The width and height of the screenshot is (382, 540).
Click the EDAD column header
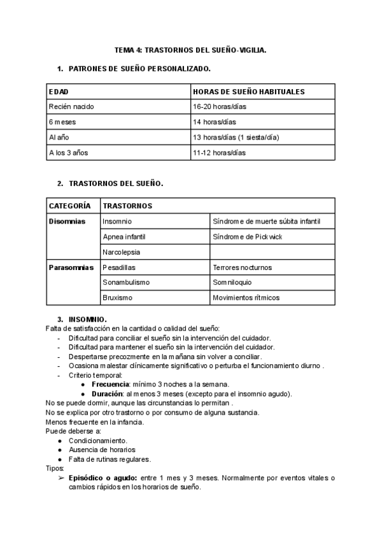pyautogui.click(x=59, y=92)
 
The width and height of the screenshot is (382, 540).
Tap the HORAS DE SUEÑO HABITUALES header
pyautogui.click(x=248, y=92)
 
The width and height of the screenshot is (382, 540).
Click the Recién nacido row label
pyautogui.click(x=71, y=107)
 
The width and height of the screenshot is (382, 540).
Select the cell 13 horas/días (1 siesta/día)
pyautogui.click(x=236, y=138)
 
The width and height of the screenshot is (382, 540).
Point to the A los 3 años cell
pyautogui.click(x=68, y=153)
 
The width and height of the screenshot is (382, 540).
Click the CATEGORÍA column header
pyautogui.click(x=70, y=206)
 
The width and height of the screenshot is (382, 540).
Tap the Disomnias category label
pyautogui.click(x=67, y=222)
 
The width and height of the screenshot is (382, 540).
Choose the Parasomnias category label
pyautogui.click(x=71, y=267)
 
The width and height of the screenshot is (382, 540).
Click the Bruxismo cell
pyautogui.click(x=117, y=297)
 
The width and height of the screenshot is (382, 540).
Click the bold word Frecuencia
pyautogui.click(x=111, y=385)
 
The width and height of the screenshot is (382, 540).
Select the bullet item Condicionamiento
pyautogui.click(x=98, y=441)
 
